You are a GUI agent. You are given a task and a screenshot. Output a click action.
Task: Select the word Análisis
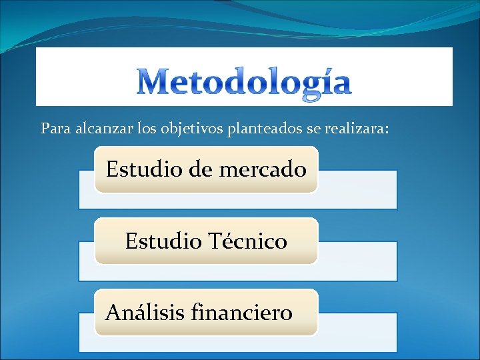(x=145, y=311)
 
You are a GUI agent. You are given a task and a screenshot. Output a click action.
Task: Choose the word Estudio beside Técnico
(x=162, y=241)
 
